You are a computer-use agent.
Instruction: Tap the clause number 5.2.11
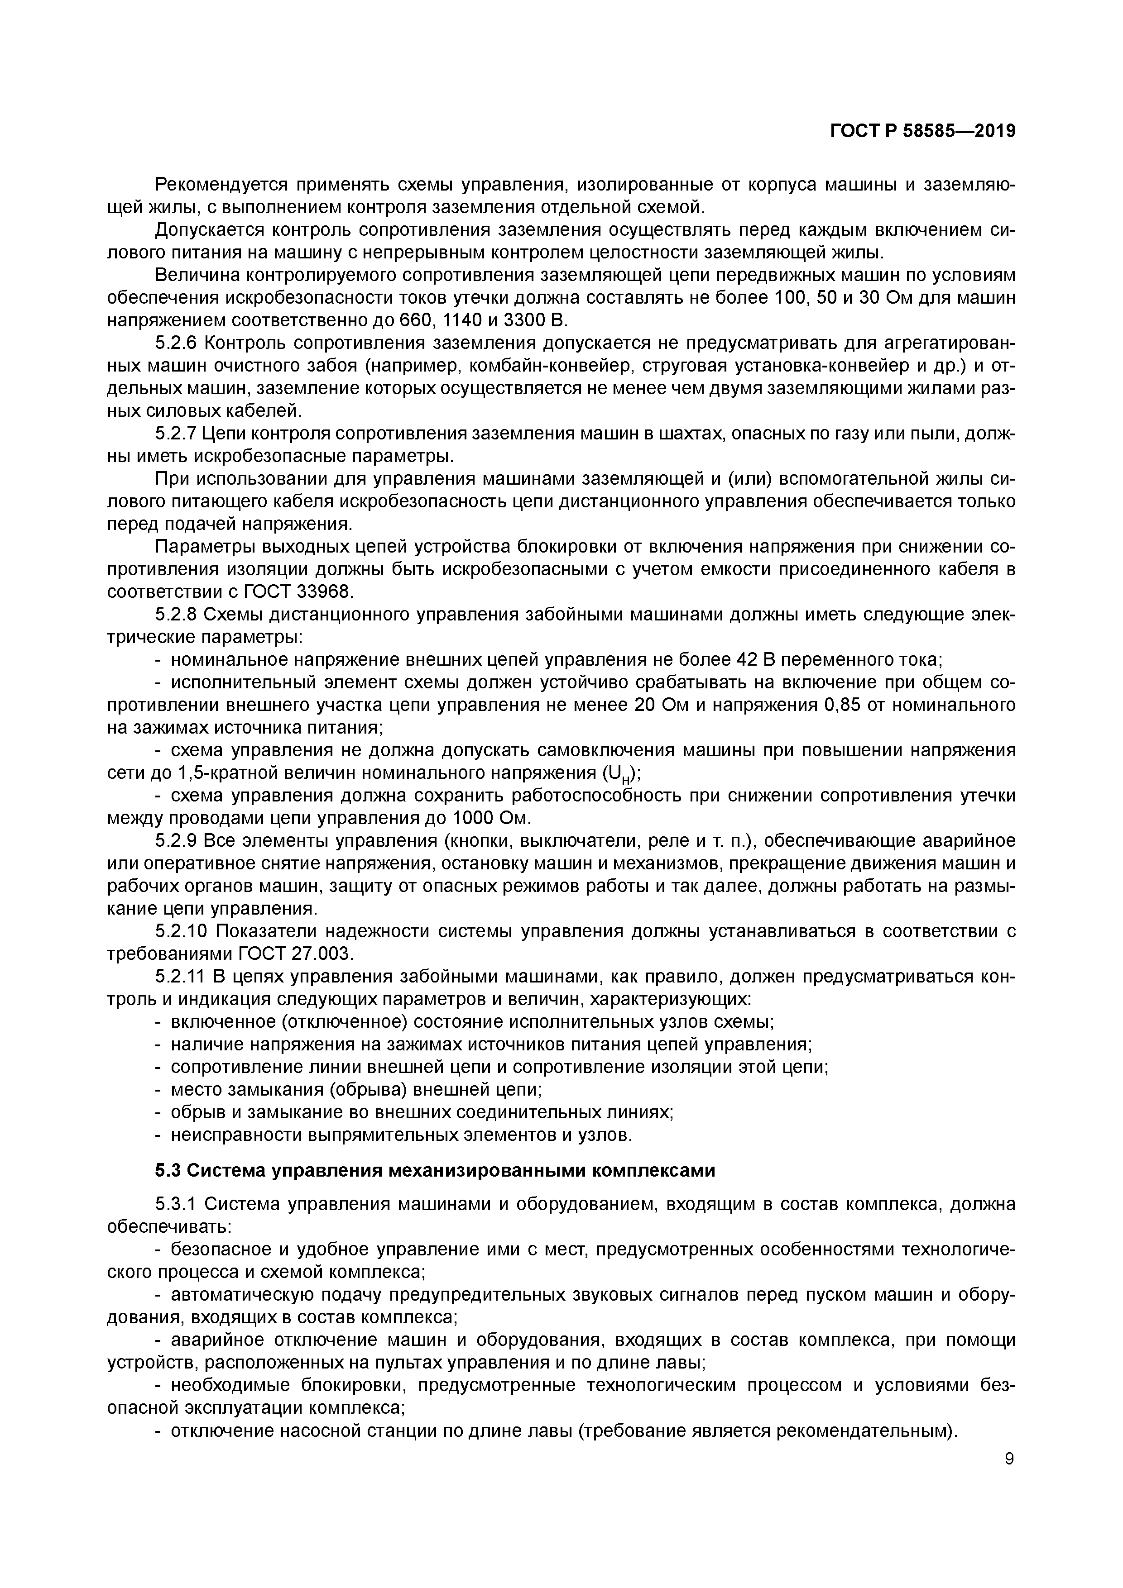[x=181, y=977]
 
